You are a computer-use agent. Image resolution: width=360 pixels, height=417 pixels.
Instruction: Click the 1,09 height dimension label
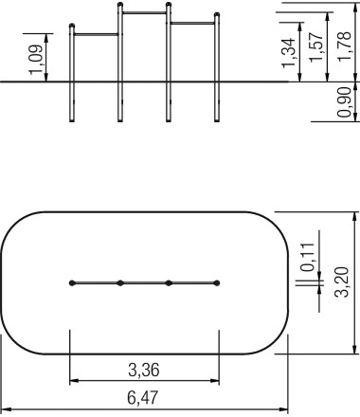pos(36,60)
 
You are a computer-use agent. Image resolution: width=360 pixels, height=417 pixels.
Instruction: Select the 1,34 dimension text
pos(288,53)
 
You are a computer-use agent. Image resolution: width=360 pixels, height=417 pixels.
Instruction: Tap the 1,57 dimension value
pos(316,47)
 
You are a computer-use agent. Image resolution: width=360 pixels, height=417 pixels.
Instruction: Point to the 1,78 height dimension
pos(344,46)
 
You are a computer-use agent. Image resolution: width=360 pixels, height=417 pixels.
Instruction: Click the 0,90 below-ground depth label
pos(344,102)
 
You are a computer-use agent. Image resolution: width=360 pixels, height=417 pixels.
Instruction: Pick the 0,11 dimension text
pos(308,257)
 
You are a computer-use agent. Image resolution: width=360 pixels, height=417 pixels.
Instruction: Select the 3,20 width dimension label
pos(341,281)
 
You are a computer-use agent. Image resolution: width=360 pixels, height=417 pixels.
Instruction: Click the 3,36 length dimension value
pos(144,370)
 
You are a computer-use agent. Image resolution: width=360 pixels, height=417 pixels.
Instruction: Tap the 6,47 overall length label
pos(142,397)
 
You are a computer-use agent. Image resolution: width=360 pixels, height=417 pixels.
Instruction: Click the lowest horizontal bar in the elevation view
pos(96,34)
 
